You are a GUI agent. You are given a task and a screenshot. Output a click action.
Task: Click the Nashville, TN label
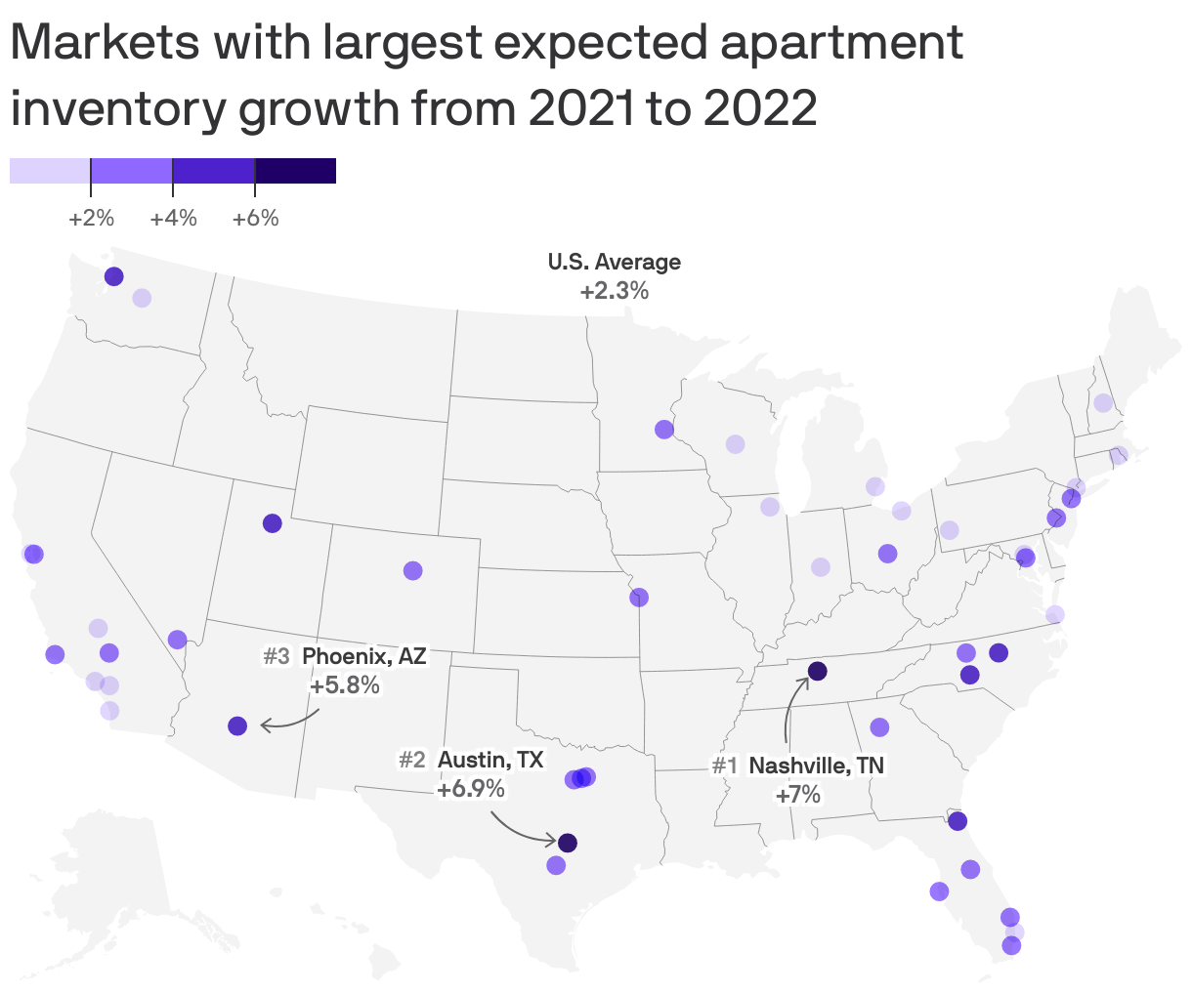point(816,766)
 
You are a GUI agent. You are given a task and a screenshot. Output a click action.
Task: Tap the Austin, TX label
point(490,759)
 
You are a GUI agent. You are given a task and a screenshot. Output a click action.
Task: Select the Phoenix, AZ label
point(363,656)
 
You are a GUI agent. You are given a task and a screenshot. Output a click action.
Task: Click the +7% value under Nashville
point(798,795)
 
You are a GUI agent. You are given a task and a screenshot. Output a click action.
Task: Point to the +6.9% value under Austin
point(471,788)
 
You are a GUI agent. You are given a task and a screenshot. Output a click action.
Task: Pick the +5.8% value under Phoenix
point(344,685)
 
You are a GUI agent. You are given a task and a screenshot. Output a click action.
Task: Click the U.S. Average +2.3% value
point(614,291)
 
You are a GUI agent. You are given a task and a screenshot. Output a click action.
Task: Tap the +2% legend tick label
point(91,218)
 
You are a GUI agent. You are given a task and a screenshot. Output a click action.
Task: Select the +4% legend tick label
point(173,218)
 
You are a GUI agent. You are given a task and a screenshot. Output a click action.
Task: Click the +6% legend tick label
point(255,218)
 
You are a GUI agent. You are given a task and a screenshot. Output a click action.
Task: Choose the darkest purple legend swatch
point(295,171)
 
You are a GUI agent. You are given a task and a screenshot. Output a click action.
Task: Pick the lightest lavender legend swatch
point(50,171)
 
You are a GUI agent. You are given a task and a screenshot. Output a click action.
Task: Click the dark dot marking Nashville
point(817,671)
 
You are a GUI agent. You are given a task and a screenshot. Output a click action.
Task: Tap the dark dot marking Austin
point(568,842)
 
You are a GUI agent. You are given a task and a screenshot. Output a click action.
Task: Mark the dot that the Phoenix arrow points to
point(237,725)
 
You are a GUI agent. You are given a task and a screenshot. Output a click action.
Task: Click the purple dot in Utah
point(273,523)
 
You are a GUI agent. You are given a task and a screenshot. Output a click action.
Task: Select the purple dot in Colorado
point(413,570)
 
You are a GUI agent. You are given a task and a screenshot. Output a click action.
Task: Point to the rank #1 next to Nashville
point(724,766)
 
